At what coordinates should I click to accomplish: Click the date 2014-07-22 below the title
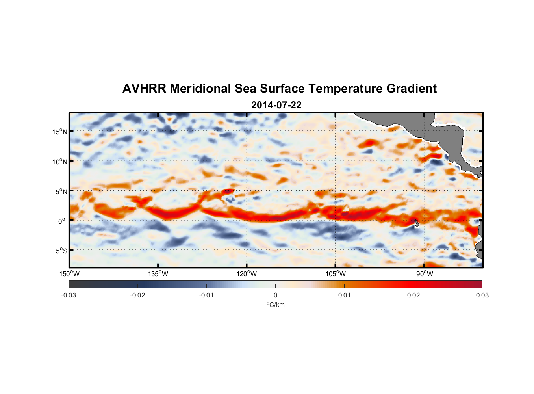click(276, 105)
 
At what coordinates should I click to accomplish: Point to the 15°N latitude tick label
click(60, 132)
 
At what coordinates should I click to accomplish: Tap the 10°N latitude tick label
click(60, 162)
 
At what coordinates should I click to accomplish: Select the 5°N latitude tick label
click(61, 191)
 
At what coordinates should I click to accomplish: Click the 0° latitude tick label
click(62, 221)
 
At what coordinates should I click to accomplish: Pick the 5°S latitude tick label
click(61, 251)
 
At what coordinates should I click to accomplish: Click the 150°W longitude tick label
click(69, 274)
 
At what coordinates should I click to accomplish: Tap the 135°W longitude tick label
click(158, 274)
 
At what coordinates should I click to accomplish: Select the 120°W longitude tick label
click(247, 274)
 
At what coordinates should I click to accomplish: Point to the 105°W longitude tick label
click(336, 274)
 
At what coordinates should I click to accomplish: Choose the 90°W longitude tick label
click(424, 274)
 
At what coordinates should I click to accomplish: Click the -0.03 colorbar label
click(69, 295)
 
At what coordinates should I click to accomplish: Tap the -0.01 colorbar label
click(206, 295)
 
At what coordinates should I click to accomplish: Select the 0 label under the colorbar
click(275, 295)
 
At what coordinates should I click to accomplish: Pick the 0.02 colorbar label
click(413, 295)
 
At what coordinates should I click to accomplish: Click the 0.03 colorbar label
click(482, 295)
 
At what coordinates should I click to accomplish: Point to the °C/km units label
click(275, 305)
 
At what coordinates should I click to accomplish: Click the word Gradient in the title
click(411, 89)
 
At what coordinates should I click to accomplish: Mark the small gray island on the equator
click(416, 223)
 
